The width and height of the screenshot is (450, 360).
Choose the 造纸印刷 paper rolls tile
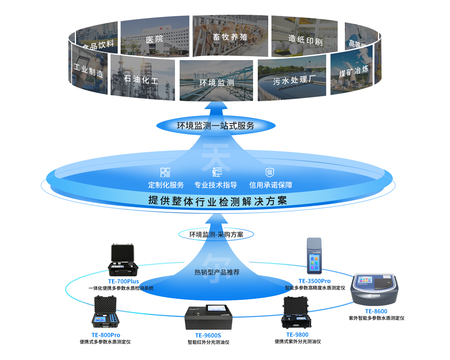click(305, 37)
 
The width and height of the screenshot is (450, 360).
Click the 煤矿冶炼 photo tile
click(352, 72)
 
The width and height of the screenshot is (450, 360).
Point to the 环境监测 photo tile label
click(217, 83)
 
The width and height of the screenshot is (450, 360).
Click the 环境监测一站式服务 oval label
click(216, 126)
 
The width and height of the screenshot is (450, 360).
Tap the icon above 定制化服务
click(165, 172)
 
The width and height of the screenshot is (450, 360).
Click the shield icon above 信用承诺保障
click(270, 172)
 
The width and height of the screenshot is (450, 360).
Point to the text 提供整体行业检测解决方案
click(217, 201)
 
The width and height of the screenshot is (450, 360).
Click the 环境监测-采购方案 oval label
click(216, 235)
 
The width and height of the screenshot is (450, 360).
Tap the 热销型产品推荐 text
click(217, 272)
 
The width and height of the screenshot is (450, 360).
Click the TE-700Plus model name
click(123, 281)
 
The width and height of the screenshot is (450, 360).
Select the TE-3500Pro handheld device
click(314, 256)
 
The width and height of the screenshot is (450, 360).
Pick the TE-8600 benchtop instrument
click(375, 289)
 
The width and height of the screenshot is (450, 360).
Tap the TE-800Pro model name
click(106, 335)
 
